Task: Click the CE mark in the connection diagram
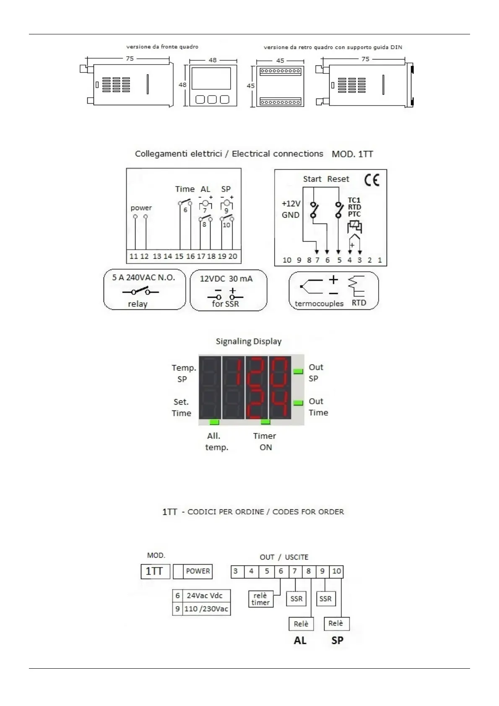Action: (x=372, y=180)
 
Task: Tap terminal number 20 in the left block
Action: (x=233, y=256)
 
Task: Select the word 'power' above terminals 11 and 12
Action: (x=141, y=208)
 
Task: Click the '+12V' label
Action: (x=291, y=204)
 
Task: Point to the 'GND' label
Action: (x=291, y=215)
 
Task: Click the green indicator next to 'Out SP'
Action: (x=298, y=371)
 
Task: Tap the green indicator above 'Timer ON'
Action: (x=265, y=422)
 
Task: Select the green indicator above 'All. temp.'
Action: (x=214, y=422)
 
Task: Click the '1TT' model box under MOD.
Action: (x=155, y=571)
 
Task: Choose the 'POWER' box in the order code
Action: (x=198, y=571)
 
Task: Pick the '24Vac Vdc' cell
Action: (x=205, y=595)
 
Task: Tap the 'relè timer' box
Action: (x=260, y=599)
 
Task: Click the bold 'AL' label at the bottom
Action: (x=300, y=640)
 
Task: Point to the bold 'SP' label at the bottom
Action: (x=337, y=640)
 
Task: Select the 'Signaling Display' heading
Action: (x=249, y=341)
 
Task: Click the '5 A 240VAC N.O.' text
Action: (x=143, y=278)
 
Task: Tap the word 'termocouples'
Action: (x=319, y=304)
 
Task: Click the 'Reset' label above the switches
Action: (x=338, y=179)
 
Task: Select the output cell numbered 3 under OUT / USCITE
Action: (x=236, y=571)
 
